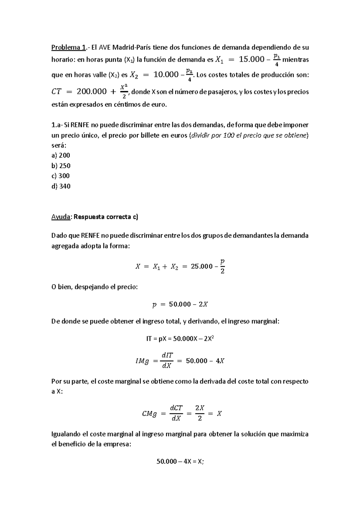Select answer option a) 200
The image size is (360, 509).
point(61,155)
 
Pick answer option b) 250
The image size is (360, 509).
point(61,166)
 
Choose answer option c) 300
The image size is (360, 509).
point(61,176)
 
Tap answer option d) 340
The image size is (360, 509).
point(61,186)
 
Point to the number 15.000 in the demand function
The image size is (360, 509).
point(251,60)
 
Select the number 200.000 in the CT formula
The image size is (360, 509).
point(91,91)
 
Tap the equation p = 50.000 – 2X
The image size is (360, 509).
point(180,305)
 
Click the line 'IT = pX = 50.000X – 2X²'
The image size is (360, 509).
point(180,339)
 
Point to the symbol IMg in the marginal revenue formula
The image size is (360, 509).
point(142,361)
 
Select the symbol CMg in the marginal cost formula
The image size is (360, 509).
point(149,414)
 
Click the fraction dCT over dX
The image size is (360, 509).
point(176,414)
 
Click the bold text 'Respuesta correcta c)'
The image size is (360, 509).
point(106,217)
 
